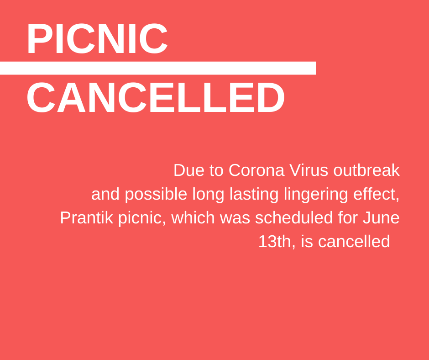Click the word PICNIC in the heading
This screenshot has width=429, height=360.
97,38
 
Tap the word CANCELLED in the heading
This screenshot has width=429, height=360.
156,97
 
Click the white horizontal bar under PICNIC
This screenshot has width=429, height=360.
158,68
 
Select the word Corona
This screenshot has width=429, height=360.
256,170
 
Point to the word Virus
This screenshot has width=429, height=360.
309,170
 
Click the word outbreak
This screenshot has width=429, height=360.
366,170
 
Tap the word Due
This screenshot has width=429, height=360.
189,170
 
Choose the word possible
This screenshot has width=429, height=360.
156,195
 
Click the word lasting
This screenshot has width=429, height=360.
254,195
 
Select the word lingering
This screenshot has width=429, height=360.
316,195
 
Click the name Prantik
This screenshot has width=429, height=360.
86,218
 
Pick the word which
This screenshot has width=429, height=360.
193,218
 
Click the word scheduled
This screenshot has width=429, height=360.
294,218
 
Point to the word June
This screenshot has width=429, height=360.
381,218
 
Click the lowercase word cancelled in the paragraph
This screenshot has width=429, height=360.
354,242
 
